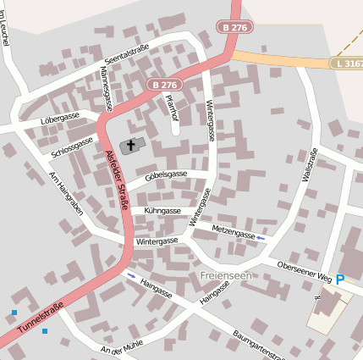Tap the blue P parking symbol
340,280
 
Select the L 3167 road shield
346,64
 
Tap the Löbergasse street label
59,118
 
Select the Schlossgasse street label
72,147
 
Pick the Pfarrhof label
173,108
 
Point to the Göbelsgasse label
166,174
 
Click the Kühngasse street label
162,210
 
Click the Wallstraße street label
310,165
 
